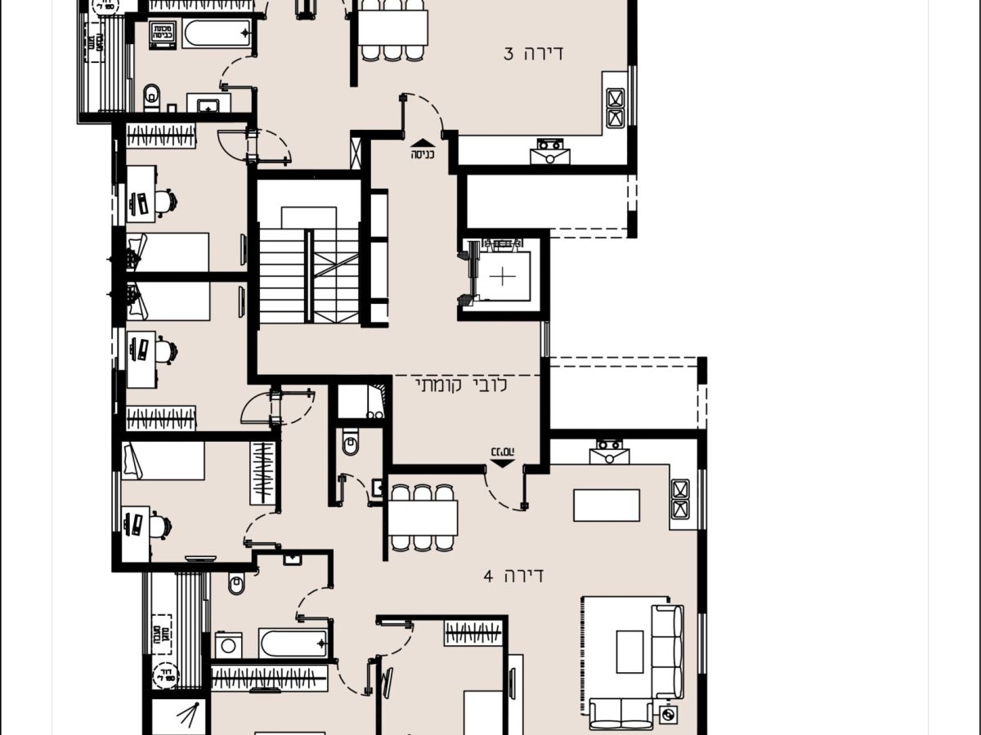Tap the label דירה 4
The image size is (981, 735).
click(513, 576)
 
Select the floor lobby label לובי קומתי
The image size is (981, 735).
click(462, 385)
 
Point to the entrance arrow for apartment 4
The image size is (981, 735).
click(502, 458)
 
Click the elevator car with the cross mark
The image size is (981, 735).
click(503, 276)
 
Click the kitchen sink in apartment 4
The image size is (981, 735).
click(607, 451)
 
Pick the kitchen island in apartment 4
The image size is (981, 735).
click(607, 505)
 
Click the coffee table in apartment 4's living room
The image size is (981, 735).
click(629, 651)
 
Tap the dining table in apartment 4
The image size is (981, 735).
click(422, 517)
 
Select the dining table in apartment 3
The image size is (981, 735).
click(392, 28)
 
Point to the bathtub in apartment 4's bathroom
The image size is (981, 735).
click(293, 643)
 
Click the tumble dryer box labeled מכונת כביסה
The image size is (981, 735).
click(162, 35)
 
